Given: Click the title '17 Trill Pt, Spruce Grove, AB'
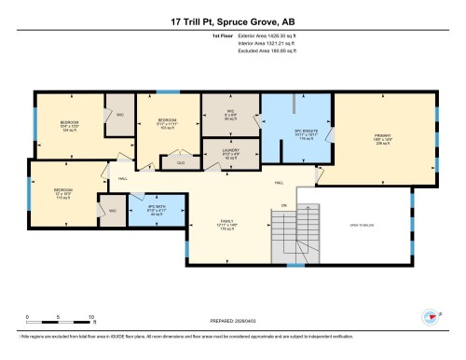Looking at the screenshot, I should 232,21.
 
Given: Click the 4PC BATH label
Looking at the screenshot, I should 156,211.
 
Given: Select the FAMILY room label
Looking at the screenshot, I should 224,224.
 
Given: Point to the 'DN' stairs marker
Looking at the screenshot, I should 282,205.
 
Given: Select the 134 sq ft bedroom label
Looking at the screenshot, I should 71,127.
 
